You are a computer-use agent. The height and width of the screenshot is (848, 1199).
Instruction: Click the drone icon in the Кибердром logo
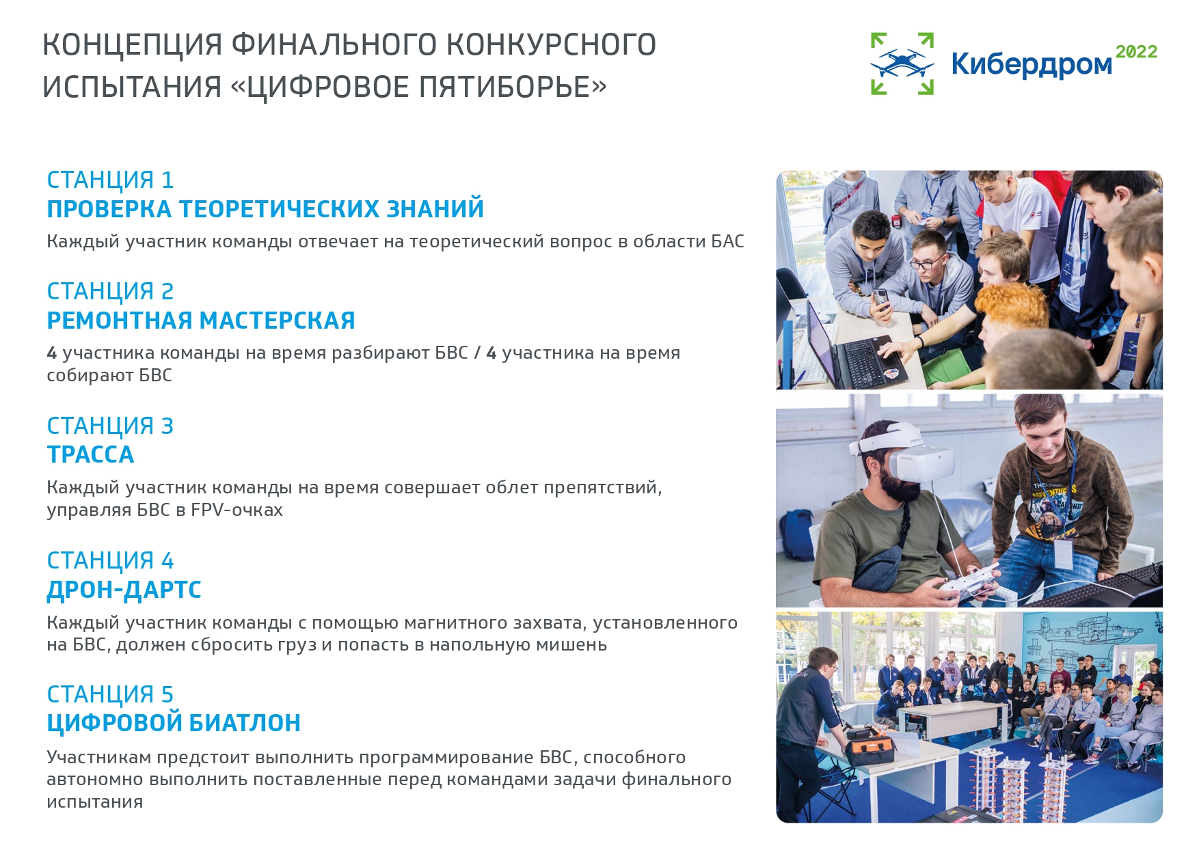click(902, 64)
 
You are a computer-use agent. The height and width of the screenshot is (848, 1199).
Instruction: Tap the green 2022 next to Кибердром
click(1136, 52)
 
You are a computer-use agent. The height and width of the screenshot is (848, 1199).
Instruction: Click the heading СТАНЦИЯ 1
click(110, 180)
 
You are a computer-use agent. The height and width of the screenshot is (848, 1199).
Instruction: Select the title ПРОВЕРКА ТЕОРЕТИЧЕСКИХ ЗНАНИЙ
click(265, 209)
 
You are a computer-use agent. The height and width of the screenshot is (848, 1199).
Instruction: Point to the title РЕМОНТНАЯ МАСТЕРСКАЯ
click(201, 320)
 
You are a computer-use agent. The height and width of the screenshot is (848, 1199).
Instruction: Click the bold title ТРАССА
click(90, 454)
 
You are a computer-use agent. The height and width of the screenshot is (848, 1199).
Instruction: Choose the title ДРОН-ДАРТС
click(124, 590)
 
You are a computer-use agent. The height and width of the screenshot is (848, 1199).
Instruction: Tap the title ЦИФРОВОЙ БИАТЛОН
click(174, 723)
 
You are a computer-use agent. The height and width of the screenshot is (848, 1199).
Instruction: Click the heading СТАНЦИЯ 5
click(110, 694)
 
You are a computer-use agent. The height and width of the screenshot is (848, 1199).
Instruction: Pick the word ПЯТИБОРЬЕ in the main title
click(504, 87)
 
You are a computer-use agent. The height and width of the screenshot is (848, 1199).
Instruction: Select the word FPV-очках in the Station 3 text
click(237, 510)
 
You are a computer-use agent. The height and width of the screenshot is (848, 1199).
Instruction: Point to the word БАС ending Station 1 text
click(727, 241)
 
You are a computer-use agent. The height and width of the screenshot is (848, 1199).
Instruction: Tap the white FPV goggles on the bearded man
click(902, 452)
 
